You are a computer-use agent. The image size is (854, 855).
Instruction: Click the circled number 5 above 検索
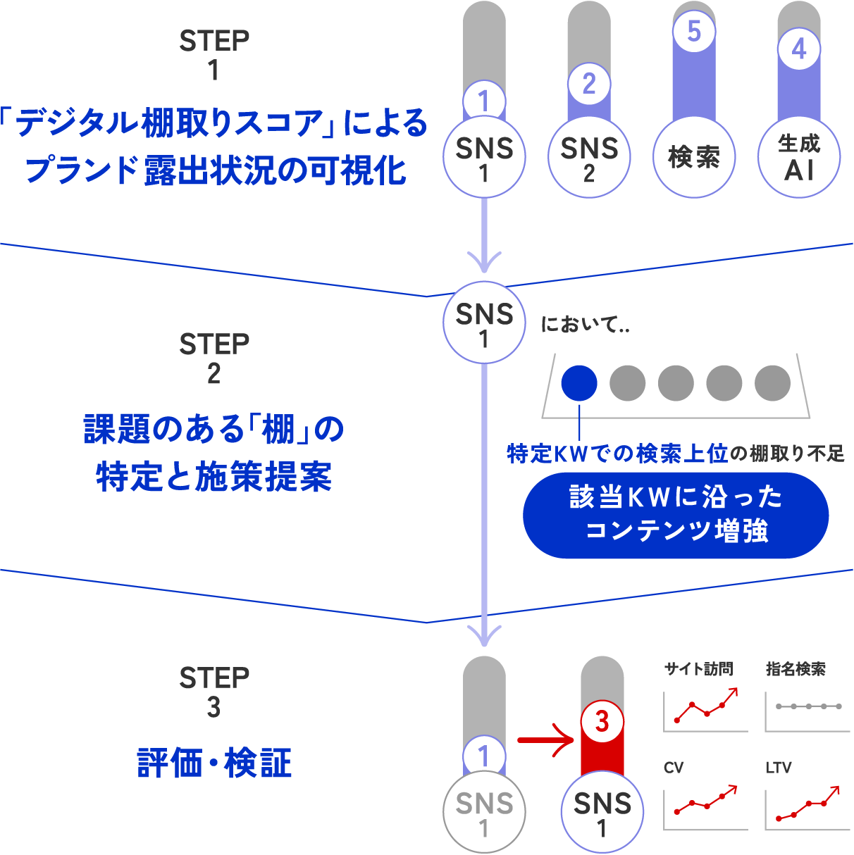tap(694, 32)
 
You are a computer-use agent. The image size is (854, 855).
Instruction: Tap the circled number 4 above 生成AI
tap(799, 49)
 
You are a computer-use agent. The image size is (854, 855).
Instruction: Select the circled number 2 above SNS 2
tap(589, 84)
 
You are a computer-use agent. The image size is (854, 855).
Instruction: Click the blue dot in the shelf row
tap(579, 383)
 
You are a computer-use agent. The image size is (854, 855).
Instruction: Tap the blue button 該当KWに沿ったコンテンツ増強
tap(676, 515)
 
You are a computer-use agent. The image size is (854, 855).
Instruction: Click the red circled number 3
tap(602, 721)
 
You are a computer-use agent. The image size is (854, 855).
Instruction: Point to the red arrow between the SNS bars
tap(547, 740)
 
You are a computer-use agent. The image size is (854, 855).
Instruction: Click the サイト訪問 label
tap(698, 669)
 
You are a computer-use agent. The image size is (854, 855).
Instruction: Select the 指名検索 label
tap(796, 669)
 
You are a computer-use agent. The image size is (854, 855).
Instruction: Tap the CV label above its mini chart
tap(674, 767)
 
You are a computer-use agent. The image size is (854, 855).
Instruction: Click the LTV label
tap(779, 767)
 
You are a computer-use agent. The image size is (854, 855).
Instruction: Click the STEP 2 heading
tap(214, 358)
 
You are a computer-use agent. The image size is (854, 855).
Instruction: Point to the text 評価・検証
tap(214, 763)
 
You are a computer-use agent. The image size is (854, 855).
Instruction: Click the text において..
tap(584, 325)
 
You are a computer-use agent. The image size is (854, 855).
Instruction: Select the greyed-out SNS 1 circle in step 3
tap(484, 813)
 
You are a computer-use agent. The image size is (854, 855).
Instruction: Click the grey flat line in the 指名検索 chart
tap(808, 706)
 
